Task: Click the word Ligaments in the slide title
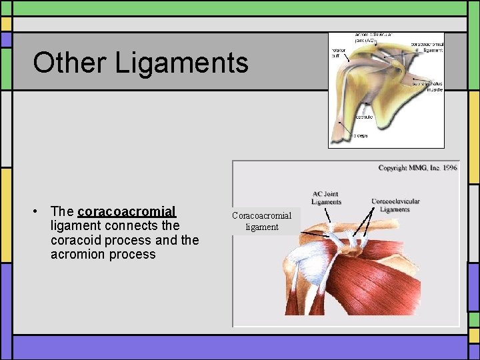pyautogui.click(x=181, y=63)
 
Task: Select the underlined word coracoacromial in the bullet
pyautogui.click(x=127, y=212)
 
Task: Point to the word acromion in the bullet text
pyautogui.click(x=79, y=254)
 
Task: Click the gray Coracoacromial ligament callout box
pyautogui.click(x=261, y=221)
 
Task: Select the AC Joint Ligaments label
pyautogui.click(x=326, y=198)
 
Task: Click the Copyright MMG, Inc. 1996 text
pyautogui.click(x=417, y=168)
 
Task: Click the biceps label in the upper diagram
pyautogui.click(x=360, y=135)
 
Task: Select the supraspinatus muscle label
pyautogui.click(x=427, y=87)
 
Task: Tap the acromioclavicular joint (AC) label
pyautogui.click(x=373, y=37)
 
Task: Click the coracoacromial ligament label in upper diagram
pyautogui.click(x=427, y=47)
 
